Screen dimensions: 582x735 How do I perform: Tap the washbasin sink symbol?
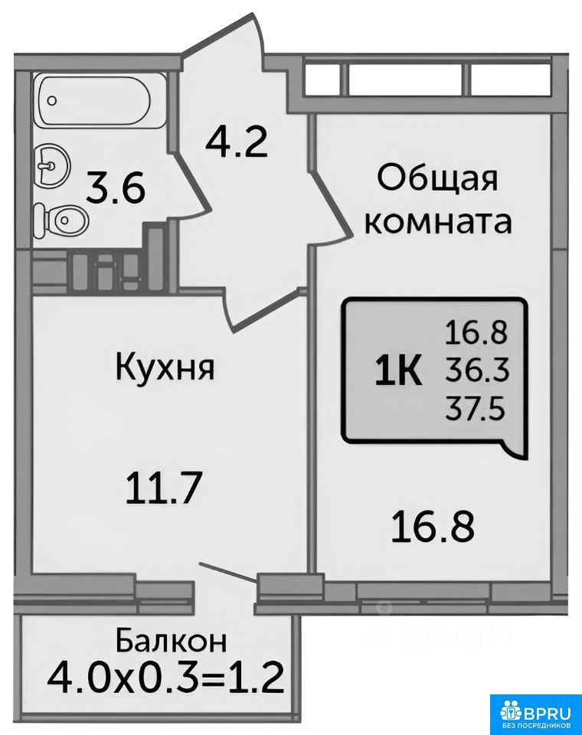click(x=52, y=165)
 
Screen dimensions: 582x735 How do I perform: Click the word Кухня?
click(x=165, y=366)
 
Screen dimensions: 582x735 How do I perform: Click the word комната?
click(x=438, y=223)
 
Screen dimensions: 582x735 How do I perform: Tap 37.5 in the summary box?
click(x=475, y=410)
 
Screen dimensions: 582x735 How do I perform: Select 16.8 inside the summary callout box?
click(x=476, y=334)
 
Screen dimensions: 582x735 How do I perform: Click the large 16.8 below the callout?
click(x=433, y=528)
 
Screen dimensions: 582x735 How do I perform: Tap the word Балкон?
click(x=172, y=640)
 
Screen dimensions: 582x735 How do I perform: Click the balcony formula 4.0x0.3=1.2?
click(x=166, y=678)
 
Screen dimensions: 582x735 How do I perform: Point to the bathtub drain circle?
click(x=53, y=100)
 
